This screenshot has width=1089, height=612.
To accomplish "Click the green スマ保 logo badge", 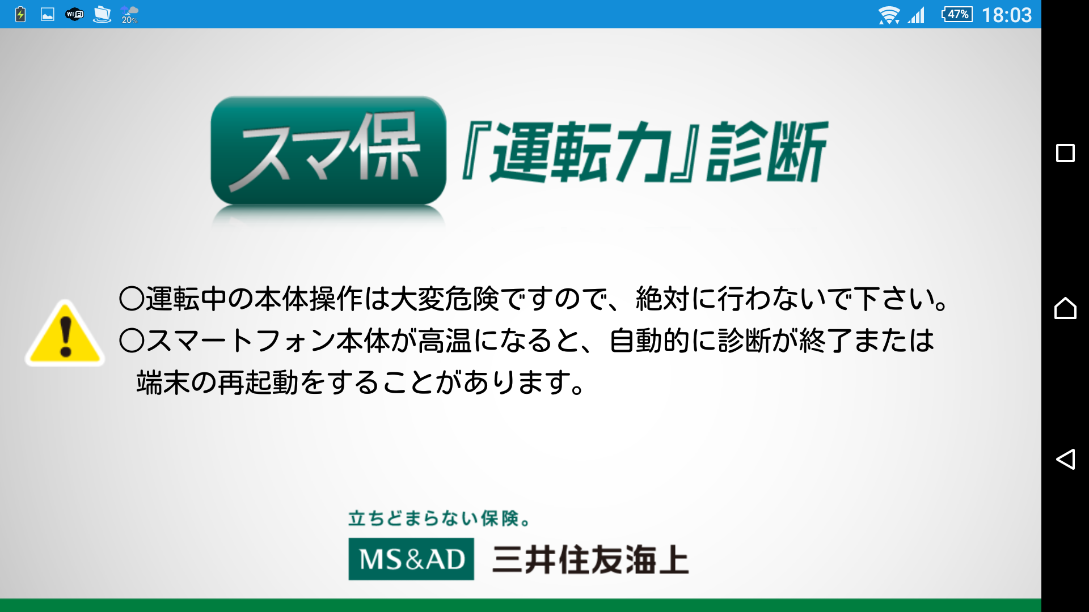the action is coord(328,151).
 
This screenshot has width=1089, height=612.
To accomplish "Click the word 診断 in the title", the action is coord(767,152).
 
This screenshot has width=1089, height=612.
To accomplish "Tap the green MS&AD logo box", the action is coord(411,559).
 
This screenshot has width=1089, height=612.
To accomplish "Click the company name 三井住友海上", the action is coord(590,560).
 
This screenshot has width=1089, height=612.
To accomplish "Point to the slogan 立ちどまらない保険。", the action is coord(440,518).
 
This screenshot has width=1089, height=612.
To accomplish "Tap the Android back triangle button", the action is coord(1065,459).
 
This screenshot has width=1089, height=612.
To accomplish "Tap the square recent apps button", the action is coord(1065,153).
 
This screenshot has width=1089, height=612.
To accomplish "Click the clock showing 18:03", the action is coord(1007,15).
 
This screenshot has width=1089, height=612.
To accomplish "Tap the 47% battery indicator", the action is coord(957,14).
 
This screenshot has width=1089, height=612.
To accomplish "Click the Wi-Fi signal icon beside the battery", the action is coord(889,15).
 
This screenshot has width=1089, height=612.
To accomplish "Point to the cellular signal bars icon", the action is coord(916,15).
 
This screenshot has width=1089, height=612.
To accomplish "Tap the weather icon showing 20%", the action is coord(129,15).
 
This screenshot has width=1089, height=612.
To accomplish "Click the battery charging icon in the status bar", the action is coord(20,14).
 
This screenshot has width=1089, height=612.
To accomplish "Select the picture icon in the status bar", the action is coord(48,14).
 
